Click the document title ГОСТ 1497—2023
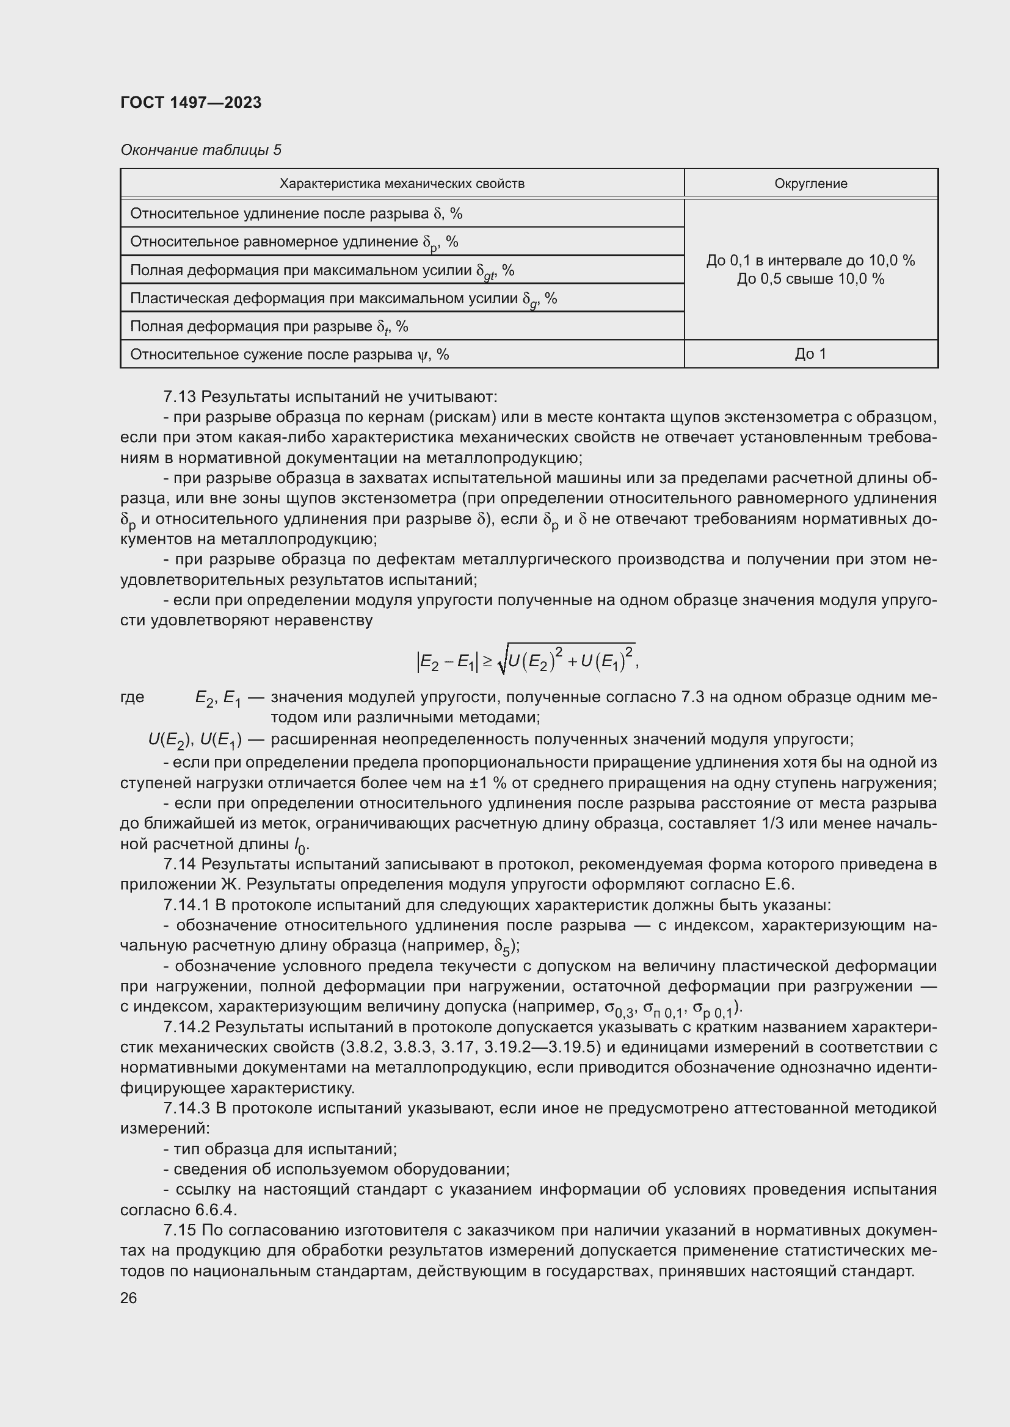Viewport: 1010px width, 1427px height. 191,102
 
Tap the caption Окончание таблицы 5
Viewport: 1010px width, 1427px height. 200,150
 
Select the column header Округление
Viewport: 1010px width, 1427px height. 810,184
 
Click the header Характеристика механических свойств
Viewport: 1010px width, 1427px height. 402,184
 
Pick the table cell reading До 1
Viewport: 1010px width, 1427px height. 810,354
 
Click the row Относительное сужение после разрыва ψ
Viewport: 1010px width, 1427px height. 289,354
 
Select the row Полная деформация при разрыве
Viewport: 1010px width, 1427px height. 269,326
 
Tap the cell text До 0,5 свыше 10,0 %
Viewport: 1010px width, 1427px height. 810,278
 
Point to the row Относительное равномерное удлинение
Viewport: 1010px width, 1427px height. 294,242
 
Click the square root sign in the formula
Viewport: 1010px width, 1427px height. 502,661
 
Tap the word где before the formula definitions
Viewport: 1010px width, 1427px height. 133,697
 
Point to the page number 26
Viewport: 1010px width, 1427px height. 129,1298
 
